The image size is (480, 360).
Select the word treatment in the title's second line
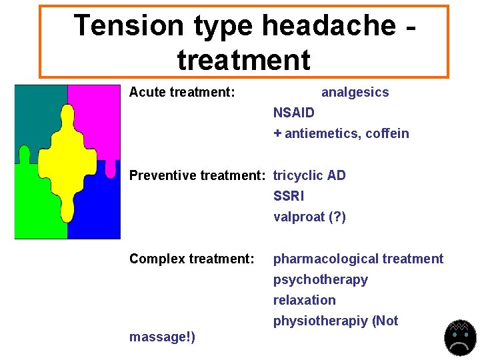pos(244,60)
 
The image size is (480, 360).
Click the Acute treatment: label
pos(182,92)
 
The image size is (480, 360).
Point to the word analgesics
pos(355,92)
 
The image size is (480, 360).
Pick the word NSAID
pos(293,113)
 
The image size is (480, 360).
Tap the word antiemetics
pos(321,133)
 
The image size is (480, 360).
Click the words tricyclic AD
pos(309,175)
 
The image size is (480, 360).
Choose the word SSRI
pos(288,196)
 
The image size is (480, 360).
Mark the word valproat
pos(299,217)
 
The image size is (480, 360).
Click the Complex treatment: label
pos(192,259)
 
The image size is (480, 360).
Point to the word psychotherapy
pos(320,279)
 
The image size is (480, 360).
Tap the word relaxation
pos(304,300)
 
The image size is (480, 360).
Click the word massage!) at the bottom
pos(162,337)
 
